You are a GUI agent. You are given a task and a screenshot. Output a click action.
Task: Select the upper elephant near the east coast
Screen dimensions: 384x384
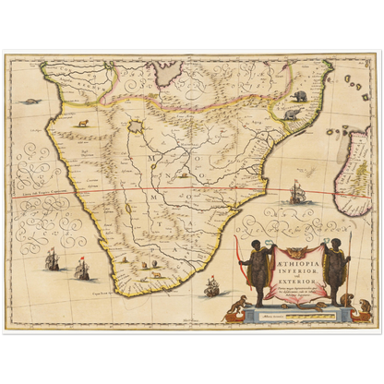pyautogui.click(x=300, y=94)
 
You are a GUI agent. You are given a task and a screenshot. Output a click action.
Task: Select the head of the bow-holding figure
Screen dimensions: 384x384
pyautogui.click(x=253, y=246)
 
